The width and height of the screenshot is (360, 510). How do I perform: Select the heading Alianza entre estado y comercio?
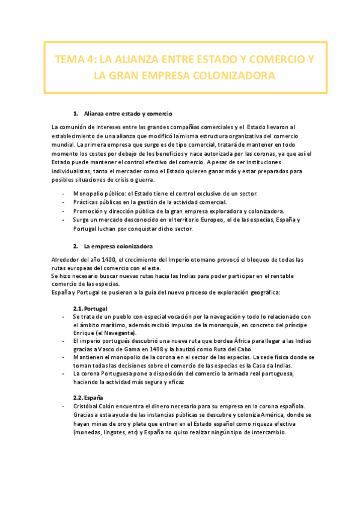(145, 113)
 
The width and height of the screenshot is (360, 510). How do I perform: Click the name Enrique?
(84, 333)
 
